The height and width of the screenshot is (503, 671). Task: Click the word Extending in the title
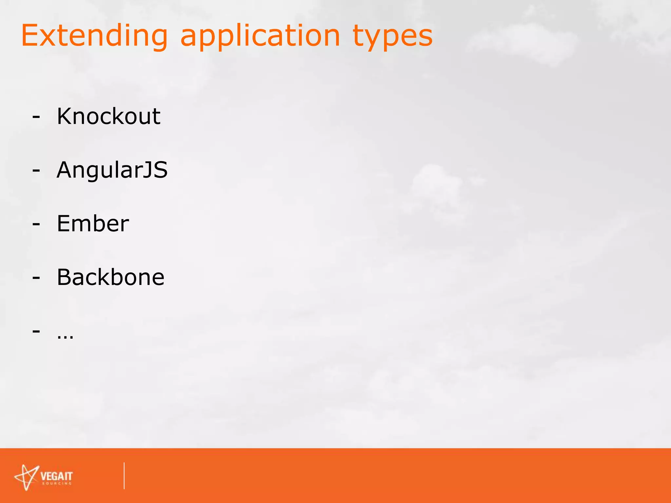point(94,36)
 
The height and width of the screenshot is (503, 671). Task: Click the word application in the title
point(260,36)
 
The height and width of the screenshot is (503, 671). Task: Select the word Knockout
point(108,116)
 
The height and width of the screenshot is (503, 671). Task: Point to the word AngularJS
point(112,170)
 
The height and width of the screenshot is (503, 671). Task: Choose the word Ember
point(93,224)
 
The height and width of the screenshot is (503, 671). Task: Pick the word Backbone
point(110,277)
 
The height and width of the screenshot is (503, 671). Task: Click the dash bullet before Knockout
point(36,117)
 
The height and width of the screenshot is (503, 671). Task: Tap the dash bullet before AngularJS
point(36,171)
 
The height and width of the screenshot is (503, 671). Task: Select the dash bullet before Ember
point(36,224)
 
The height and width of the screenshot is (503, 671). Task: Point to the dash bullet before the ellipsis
point(36,331)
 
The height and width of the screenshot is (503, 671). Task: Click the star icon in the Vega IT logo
point(27,477)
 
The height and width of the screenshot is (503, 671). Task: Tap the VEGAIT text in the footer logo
point(56,476)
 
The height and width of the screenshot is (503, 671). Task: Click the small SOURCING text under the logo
point(57,483)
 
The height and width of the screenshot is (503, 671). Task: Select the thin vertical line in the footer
point(124,475)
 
